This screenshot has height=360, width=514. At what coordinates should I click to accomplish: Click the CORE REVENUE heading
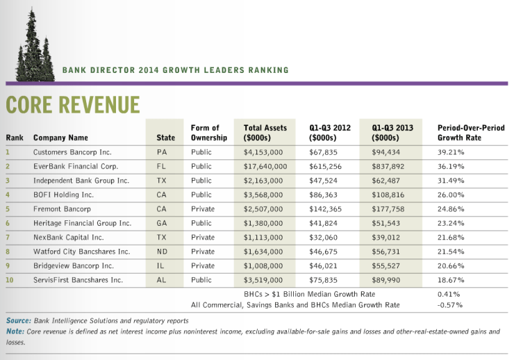click(72, 104)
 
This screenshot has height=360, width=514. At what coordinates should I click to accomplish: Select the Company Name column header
click(60, 138)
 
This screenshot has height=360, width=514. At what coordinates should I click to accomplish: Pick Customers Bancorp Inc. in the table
click(72, 152)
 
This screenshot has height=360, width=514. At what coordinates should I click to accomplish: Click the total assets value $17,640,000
click(265, 167)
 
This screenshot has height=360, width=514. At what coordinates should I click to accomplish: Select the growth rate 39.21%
click(451, 152)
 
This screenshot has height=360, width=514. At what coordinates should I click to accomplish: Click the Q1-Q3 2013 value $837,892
click(392, 167)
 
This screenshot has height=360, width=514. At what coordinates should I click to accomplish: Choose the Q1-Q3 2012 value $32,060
click(323, 237)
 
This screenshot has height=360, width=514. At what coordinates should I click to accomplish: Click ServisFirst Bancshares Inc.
click(78, 279)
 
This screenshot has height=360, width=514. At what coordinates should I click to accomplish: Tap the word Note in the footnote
click(15, 332)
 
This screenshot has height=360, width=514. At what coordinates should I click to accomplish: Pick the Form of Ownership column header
click(205, 133)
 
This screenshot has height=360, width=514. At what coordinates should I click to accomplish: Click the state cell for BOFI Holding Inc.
click(161, 195)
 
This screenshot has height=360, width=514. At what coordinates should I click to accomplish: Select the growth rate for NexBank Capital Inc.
click(451, 237)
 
